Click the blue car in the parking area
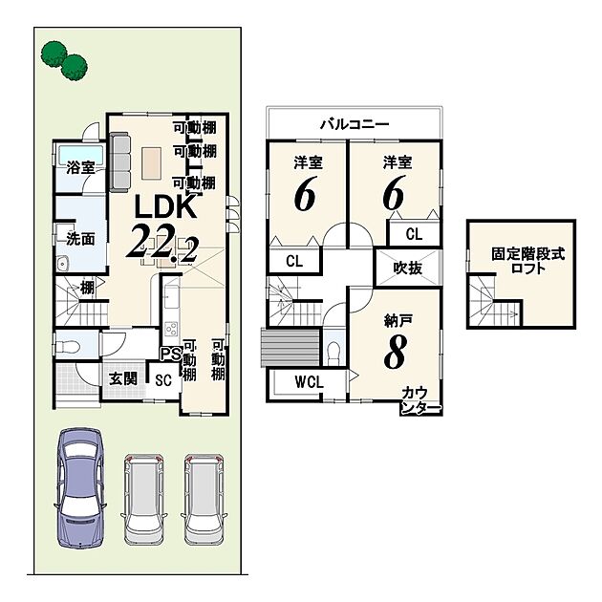point(80,487)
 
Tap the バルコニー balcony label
point(355,124)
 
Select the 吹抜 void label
point(408,268)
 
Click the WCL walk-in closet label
point(309,382)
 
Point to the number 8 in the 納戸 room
point(395,353)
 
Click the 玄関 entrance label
point(123,379)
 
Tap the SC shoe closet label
point(163,380)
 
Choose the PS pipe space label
point(170,354)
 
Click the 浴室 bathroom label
point(80,167)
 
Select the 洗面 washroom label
point(80,239)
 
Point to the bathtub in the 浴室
point(80,156)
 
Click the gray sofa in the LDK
point(119,161)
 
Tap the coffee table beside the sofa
point(151,164)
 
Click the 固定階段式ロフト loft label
point(528,261)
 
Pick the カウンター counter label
point(419,400)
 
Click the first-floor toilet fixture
point(68,347)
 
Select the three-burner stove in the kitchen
point(171,329)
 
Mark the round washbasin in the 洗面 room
point(62,264)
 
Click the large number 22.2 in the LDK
point(163,243)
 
